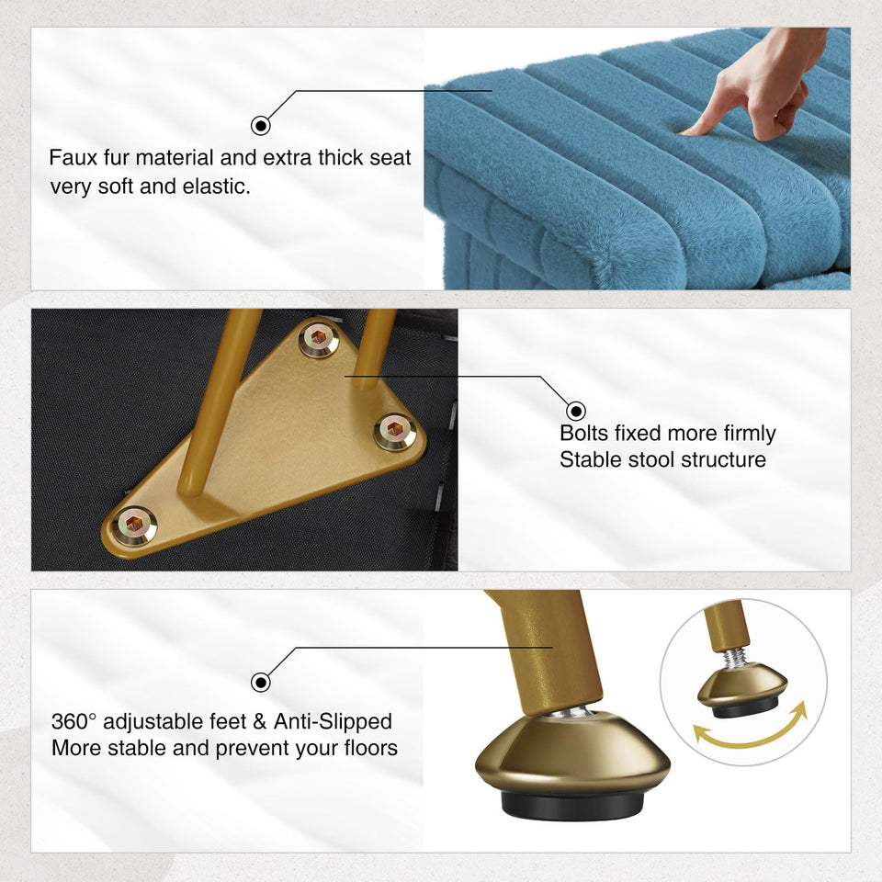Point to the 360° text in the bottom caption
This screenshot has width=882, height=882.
pos(73,721)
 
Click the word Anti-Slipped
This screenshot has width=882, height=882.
pos(333,721)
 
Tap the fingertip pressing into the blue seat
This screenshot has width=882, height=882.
pos(685,131)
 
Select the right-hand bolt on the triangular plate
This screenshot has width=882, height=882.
pos(395,432)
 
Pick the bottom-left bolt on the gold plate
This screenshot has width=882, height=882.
pos(134,526)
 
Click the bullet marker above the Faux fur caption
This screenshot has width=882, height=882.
pos(260,126)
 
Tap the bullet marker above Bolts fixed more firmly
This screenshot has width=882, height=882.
pos(575,411)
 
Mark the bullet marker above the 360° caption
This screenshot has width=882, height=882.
pos(260,683)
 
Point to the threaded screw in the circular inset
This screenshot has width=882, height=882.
pos(735,657)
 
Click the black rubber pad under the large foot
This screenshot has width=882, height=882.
pos(572,806)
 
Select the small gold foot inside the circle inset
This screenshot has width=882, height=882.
pos(742,690)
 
